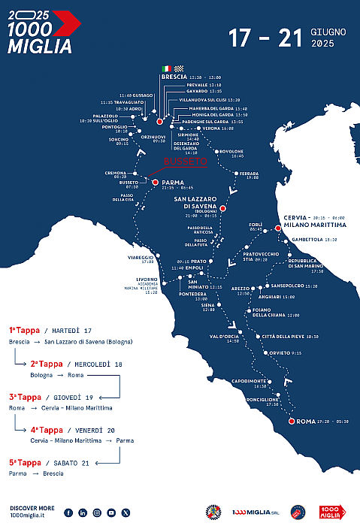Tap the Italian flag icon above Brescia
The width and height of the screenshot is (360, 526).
(167, 68)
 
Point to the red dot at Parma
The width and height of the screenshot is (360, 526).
(155, 181)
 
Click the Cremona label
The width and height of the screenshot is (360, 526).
(116, 173)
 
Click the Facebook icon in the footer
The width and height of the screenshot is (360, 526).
(68, 512)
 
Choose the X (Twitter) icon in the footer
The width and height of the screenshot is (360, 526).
(126, 512)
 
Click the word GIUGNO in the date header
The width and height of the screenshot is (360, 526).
(332, 33)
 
